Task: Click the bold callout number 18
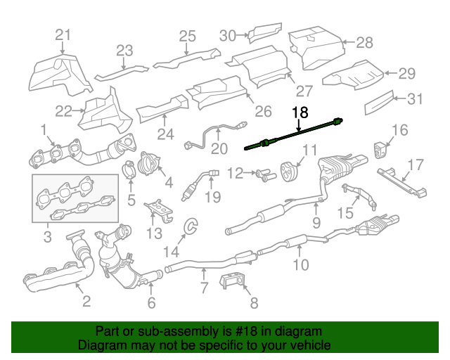pos(300,112)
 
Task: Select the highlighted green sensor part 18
pos(293,134)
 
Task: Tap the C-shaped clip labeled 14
pos(191,225)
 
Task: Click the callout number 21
pos(63,35)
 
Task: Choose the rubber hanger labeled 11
pos(290,172)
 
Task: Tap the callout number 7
pos(204,288)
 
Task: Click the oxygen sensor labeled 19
pos(199,185)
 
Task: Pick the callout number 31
pos(415,98)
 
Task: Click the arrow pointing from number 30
pos(243,35)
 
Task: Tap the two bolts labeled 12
pos(266,175)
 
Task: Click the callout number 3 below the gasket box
pos(48,237)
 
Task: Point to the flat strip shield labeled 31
pos(379,103)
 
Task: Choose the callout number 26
pos(263,111)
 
